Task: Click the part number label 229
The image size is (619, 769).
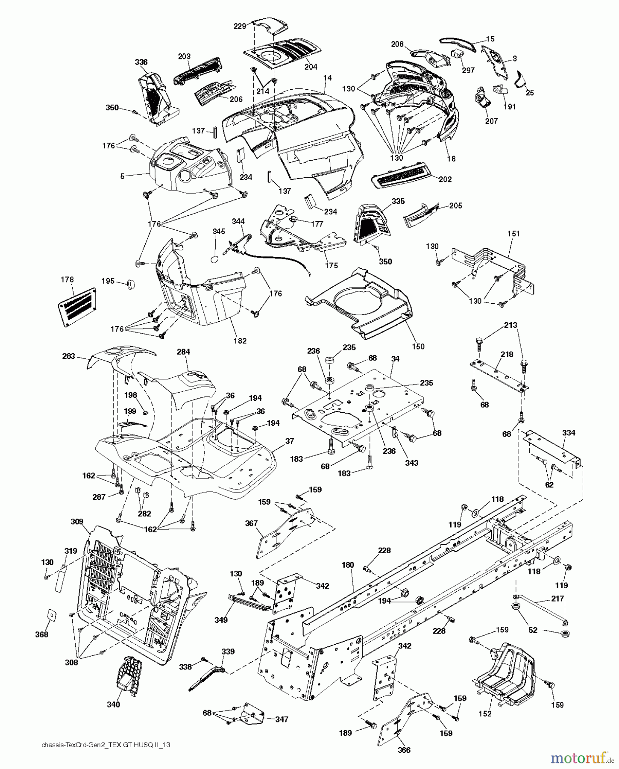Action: click(240, 26)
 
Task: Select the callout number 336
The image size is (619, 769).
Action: click(141, 62)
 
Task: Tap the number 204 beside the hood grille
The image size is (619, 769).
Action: click(311, 67)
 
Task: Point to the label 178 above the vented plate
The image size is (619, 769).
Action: click(67, 280)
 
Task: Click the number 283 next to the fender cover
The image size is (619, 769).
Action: click(68, 356)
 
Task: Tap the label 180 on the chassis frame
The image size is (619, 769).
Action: click(348, 565)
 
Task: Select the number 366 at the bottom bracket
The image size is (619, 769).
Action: click(404, 750)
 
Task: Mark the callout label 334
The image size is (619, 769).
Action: click(569, 433)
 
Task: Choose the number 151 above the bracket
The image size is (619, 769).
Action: click(513, 234)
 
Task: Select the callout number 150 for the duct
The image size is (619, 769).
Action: click(419, 346)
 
